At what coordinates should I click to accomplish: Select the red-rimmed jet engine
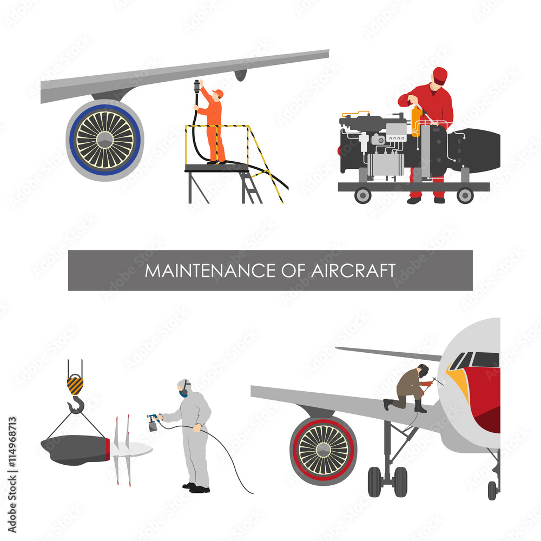pos(324,450)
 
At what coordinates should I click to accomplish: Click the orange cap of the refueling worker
pos(218,93)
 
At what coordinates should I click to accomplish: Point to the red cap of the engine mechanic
pos(440,75)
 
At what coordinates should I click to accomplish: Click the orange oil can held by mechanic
pos(416,120)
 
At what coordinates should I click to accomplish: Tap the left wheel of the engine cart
pos(362,195)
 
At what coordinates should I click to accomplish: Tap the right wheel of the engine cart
pos(465,195)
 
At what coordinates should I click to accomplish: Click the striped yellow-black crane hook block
pos(75,385)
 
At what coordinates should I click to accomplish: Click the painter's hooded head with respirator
pos(184,388)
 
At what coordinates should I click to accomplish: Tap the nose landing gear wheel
pos(492,490)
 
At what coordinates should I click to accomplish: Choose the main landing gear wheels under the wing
pos(387,481)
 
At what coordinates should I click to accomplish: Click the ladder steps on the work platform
pos(251,187)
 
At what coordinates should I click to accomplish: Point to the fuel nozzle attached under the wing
pos(197,88)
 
